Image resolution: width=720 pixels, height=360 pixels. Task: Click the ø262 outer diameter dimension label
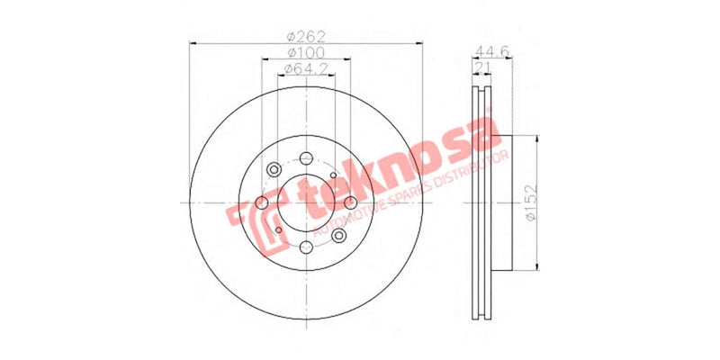pos(305,36)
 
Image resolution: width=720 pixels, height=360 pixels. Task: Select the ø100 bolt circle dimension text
pos(305,53)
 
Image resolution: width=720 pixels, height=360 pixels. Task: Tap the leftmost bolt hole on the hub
pos(261,202)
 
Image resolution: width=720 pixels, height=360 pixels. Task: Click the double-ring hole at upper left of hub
pos(274,170)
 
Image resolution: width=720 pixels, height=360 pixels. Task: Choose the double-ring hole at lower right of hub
pos(338,235)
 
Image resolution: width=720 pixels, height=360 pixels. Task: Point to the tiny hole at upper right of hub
pos(333,175)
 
